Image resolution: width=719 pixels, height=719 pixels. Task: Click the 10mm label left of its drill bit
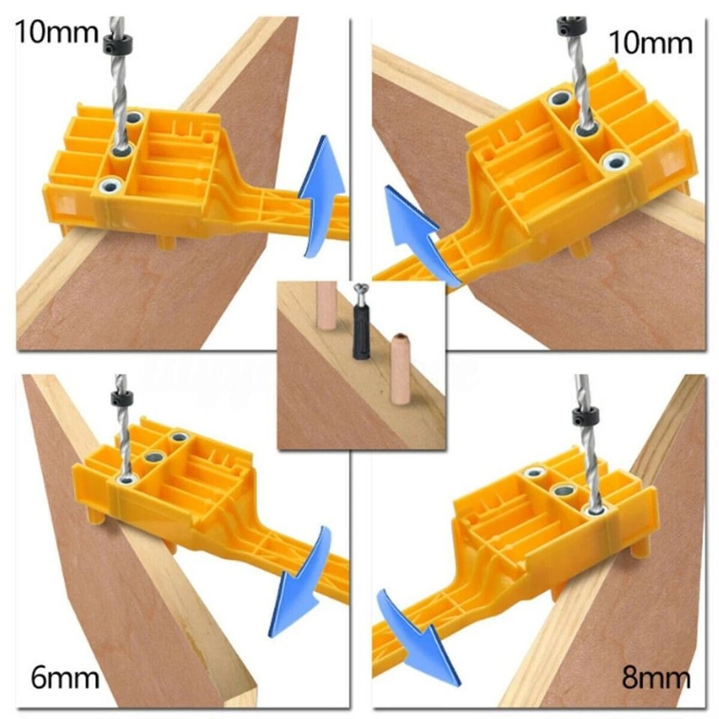tap(55, 33)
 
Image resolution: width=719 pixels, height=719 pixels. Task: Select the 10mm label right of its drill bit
tap(650, 42)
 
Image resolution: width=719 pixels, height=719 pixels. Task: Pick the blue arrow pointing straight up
tap(321, 194)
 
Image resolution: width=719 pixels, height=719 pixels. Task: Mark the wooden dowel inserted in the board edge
tap(327, 305)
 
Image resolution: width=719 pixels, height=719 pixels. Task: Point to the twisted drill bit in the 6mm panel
tap(124, 439)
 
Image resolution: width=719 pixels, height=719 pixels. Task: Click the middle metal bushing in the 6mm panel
tap(152, 456)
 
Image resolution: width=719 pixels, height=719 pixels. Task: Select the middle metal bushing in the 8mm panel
tap(562, 492)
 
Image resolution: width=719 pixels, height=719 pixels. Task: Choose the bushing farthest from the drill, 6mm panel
tap(178, 436)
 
